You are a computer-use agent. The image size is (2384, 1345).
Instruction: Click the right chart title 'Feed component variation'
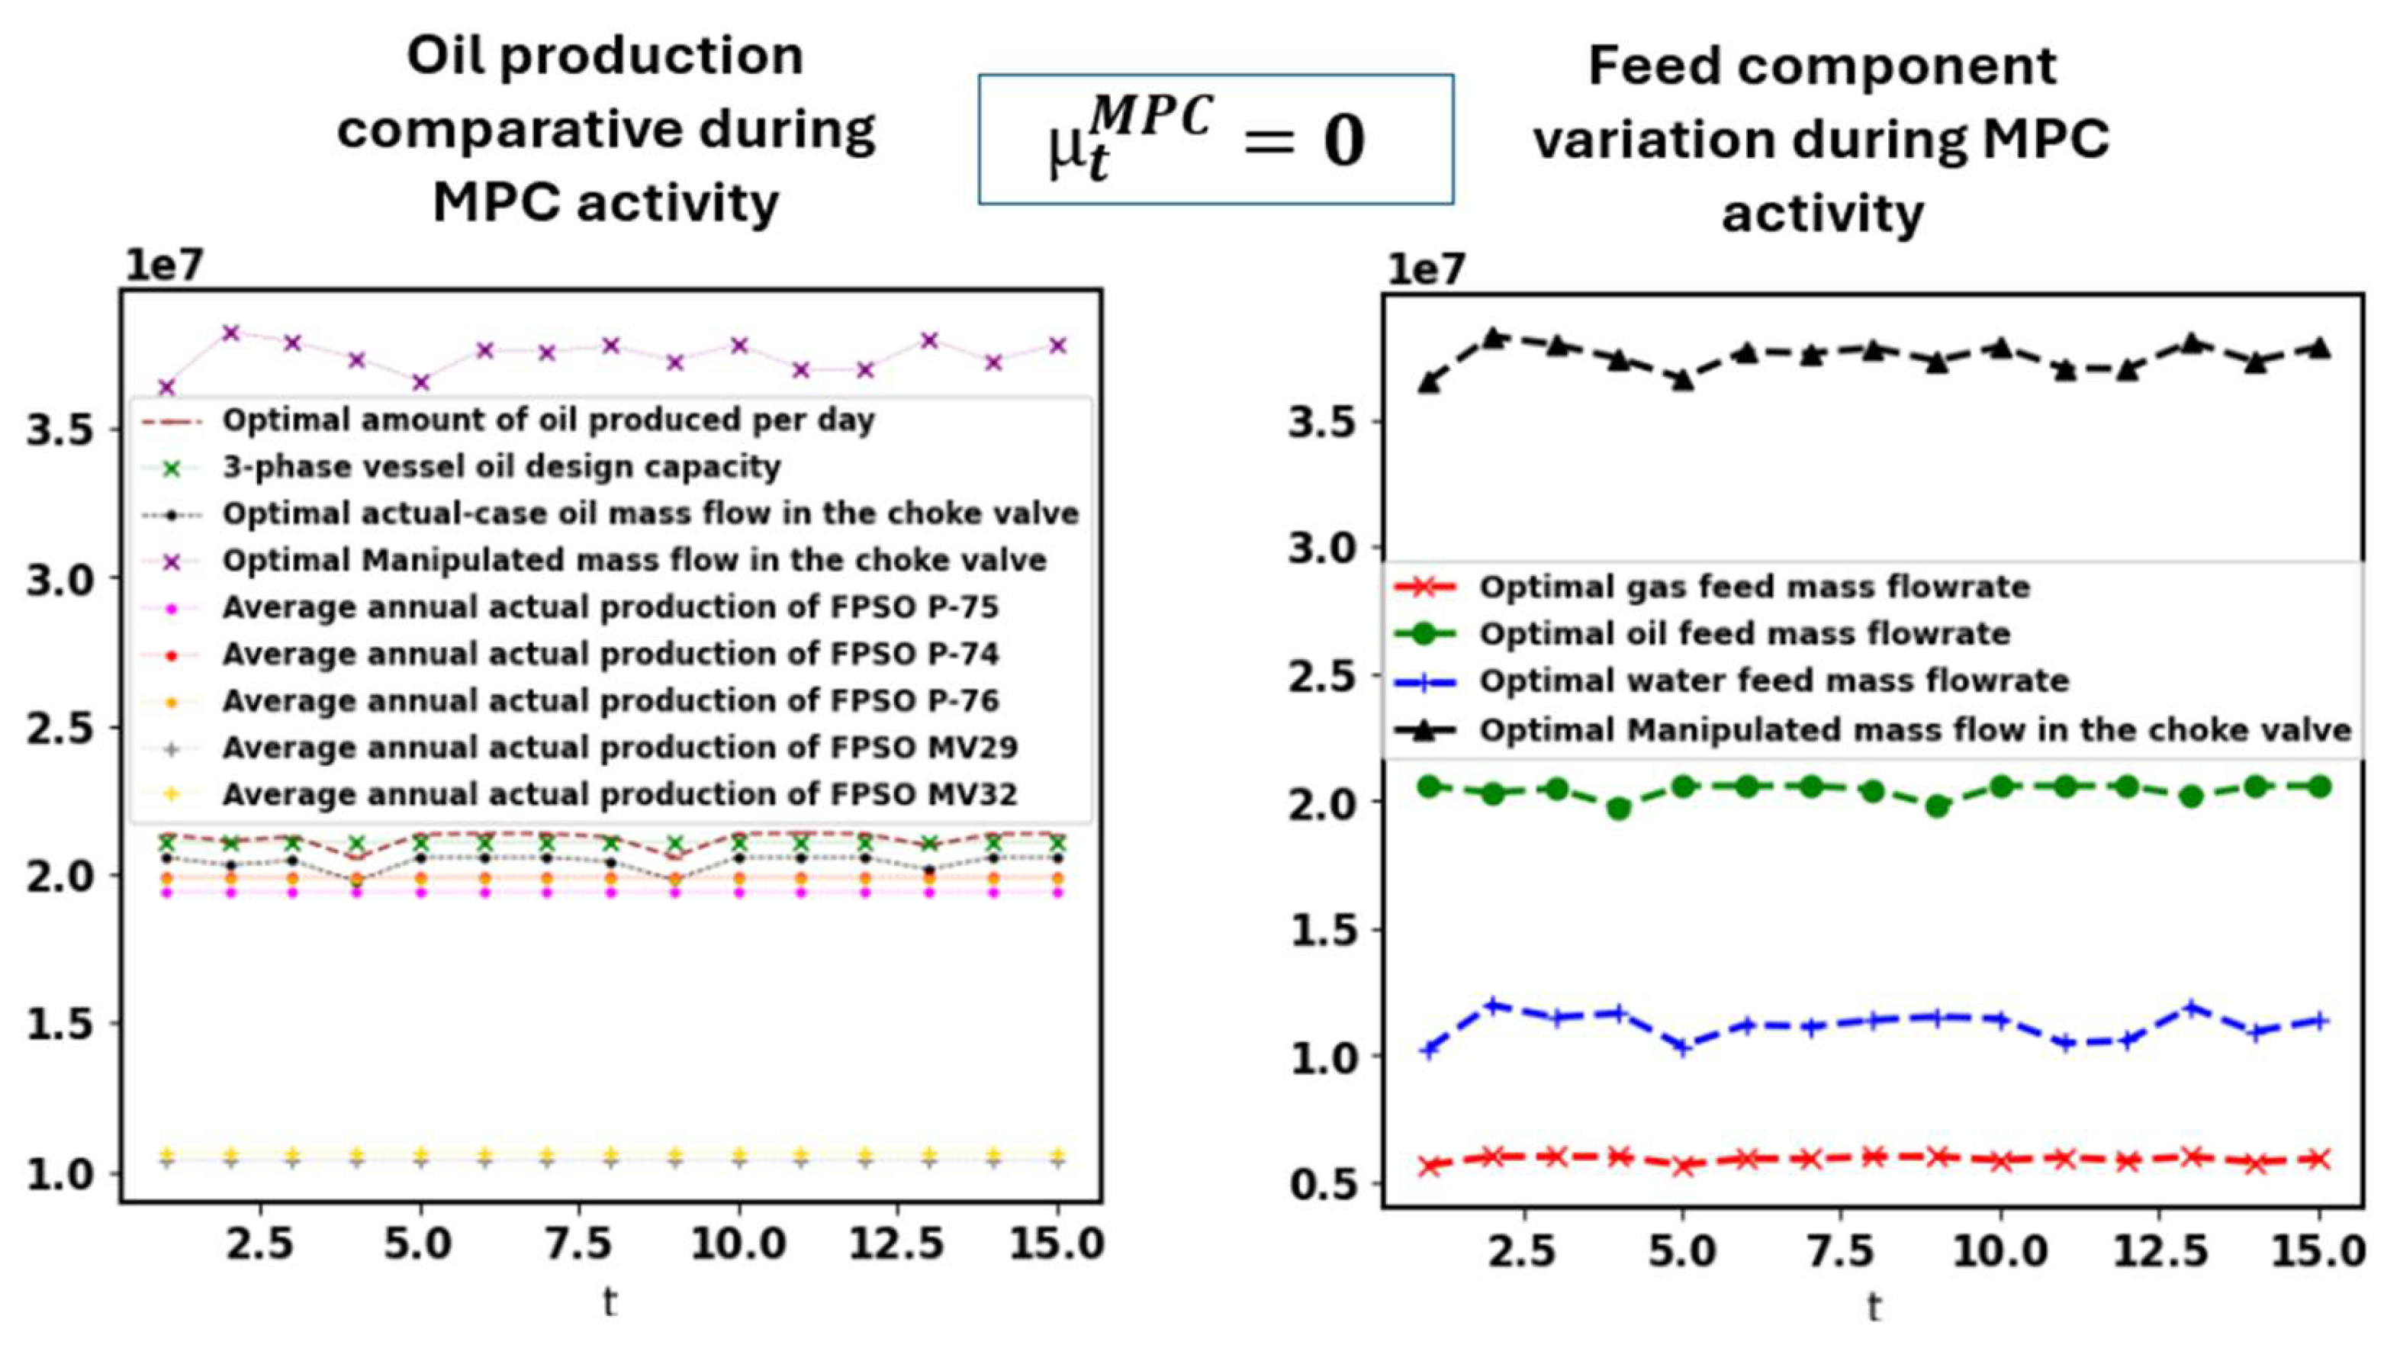pyautogui.click(x=1821, y=139)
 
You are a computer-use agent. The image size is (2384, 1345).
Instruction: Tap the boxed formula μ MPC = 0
pyautogui.click(x=1215, y=140)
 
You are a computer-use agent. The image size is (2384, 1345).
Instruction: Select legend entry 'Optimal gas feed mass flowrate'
pyautogui.click(x=1754, y=587)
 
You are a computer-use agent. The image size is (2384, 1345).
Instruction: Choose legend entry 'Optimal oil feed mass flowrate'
pyautogui.click(x=1744, y=634)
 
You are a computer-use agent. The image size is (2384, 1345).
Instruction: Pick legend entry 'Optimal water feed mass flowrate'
pyautogui.click(x=1773, y=681)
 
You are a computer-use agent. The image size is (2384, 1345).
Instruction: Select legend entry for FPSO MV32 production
pyautogui.click(x=619, y=795)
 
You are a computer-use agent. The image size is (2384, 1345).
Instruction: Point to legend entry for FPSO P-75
pyautogui.click(x=610, y=608)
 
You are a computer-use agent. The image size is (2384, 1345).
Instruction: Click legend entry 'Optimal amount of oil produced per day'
pyautogui.click(x=548, y=420)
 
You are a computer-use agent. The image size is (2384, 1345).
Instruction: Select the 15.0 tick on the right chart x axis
pyautogui.click(x=2319, y=1250)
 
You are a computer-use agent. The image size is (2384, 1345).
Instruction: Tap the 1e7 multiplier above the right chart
pyautogui.click(x=1425, y=269)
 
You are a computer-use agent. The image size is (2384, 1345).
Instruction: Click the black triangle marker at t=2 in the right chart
pyautogui.click(x=1493, y=338)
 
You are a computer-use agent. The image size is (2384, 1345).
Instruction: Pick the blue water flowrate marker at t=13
pyautogui.click(x=2190, y=1007)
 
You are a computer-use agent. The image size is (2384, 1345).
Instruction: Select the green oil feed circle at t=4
pyautogui.click(x=1619, y=808)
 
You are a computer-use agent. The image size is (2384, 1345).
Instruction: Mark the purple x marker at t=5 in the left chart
pyautogui.click(x=421, y=382)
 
